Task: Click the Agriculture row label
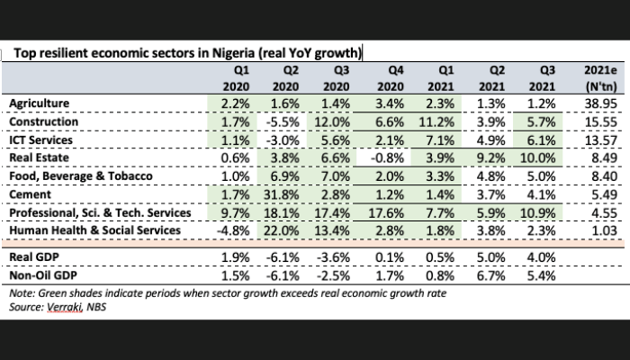[x=40, y=103]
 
